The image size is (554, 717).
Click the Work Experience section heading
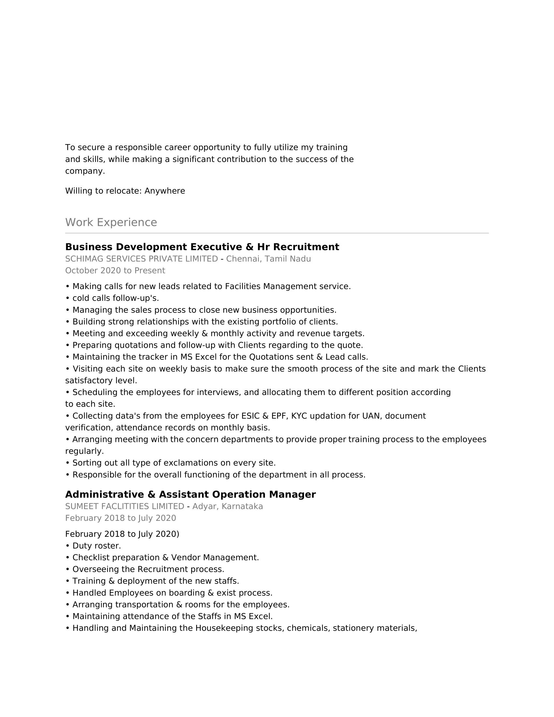coord(111,222)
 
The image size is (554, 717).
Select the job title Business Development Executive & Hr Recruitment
coord(202,247)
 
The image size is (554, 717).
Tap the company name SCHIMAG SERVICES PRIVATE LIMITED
coord(141,259)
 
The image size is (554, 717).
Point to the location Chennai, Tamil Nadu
coord(269,259)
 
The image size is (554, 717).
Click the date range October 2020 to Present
coord(115,271)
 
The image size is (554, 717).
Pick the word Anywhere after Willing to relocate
coord(165,191)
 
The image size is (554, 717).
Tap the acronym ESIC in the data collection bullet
coord(251,416)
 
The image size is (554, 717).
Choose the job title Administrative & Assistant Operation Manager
coord(190,494)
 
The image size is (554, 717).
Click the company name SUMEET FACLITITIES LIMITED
coord(125,506)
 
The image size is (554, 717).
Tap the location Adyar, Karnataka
coord(227,506)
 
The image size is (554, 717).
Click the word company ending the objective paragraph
coord(85,171)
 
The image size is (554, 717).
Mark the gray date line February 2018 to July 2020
coord(121,518)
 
